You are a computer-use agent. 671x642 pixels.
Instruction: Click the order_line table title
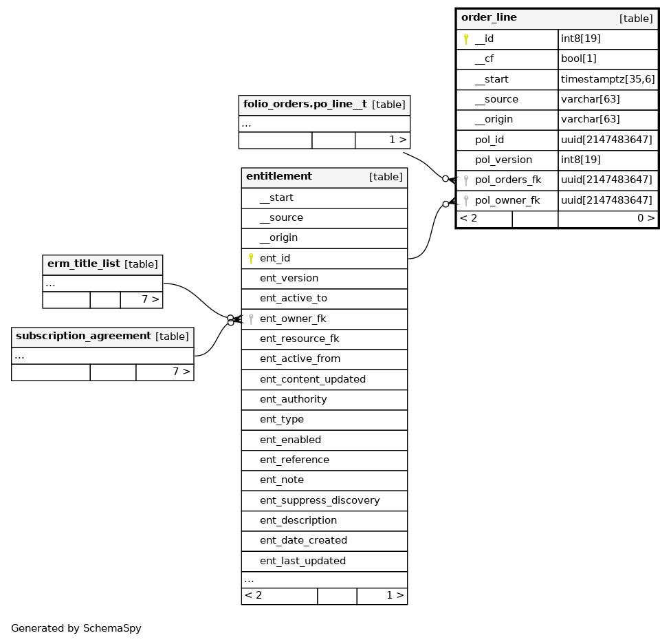pyautogui.click(x=489, y=18)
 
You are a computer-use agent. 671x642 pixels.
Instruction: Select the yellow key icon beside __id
pyautogui.click(x=466, y=39)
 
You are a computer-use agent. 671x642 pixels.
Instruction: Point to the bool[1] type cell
pyautogui.click(x=578, y=59)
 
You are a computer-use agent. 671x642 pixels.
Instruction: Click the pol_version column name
pyautogui.click(x=503, y=160)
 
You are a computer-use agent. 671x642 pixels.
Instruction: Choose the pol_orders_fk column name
pyautogui.click(x=508, y=180)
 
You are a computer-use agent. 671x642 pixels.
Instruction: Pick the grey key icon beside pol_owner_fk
pyautogui.click(x=466, y=201)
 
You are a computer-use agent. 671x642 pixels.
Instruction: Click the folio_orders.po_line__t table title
pyautogui.click(x=305, y=105)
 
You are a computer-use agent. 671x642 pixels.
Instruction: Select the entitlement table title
pyautogui.click(x=279, y=177)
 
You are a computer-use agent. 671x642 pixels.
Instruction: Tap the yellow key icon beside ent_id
pyautogui.click(x=251, y=259)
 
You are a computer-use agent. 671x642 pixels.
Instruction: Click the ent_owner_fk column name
pyautogui.click(x=293, y=319)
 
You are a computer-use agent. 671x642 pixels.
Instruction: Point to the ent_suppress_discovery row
pyautogui.click(x=320, y=501)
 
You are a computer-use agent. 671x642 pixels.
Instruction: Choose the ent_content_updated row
pyautogui.click(x=313, y=380)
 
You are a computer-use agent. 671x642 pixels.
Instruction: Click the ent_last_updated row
pyautogui.click(x=303, y=561)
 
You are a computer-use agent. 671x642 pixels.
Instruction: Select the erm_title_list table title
pyautogui.click(x=84, y=264)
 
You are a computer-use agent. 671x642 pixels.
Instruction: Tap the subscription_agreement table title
pyautogui.click(x=83, y=336)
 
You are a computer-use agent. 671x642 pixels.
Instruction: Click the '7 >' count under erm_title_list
pyautogui.click(x=150, y=300)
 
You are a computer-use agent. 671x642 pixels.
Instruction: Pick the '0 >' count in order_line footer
pyautogui.click(x=646, y=219)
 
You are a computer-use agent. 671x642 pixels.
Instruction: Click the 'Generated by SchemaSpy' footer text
pyautogui.click(x=76, y=628)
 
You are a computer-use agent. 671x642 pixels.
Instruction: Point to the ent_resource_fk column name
pyautogui.click(x=299, y=339)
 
